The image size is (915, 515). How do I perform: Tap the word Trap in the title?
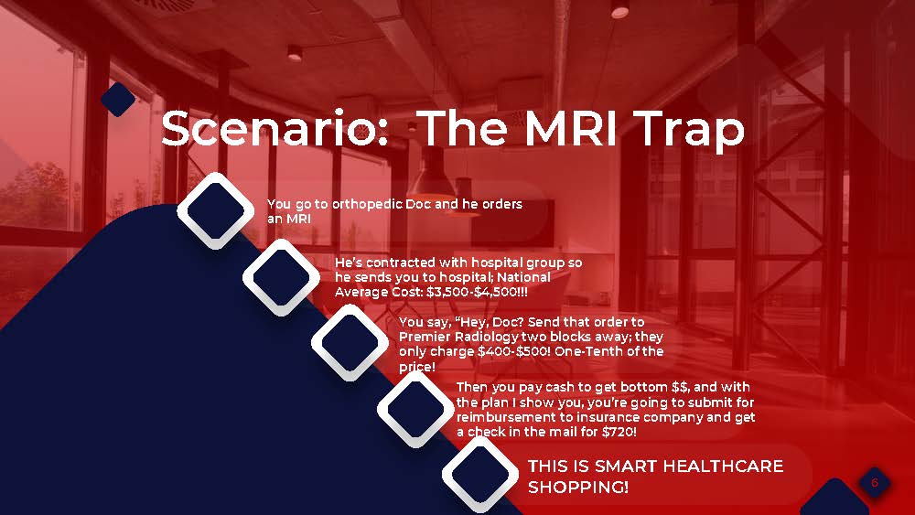[690, 132]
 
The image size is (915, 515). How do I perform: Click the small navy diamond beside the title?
[118, 99]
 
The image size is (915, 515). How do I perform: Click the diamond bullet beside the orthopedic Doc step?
[215, 211]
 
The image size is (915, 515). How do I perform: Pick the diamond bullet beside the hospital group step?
[281, 277]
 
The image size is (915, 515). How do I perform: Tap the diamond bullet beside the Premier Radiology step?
[350, 342]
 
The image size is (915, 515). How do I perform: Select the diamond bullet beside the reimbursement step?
[415, 410]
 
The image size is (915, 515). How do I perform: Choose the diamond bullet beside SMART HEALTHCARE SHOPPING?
[480, 475]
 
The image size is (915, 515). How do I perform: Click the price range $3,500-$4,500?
[471, 292]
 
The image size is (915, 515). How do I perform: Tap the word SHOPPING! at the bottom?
[578, 487]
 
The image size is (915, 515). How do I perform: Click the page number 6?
[874, 482]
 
